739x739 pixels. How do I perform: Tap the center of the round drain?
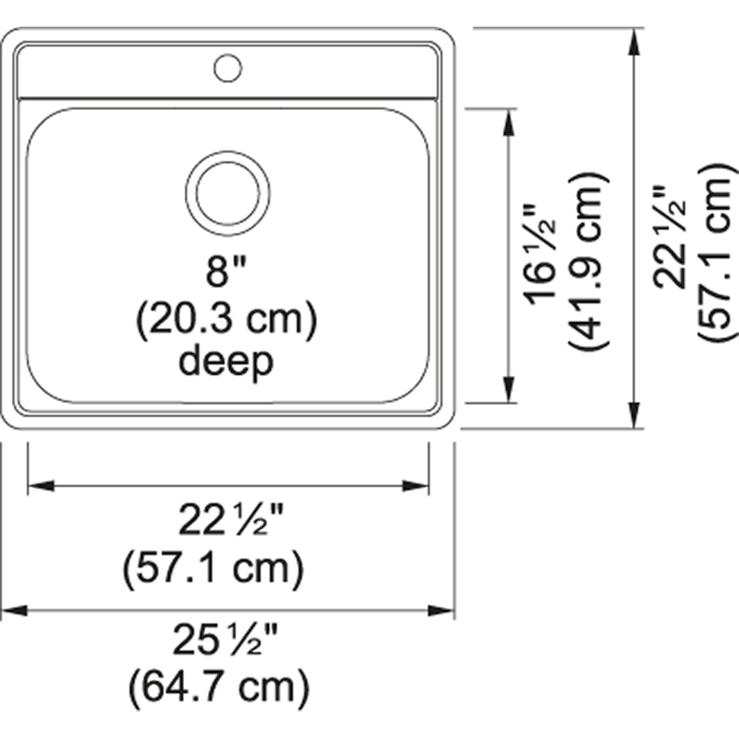[228, 193]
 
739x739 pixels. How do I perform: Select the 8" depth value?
[226, 271]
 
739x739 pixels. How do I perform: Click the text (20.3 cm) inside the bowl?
[227, 320]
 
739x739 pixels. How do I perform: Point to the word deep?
[226, 362]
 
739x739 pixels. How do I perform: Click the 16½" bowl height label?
[541, 255]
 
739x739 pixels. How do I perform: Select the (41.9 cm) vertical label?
[589, 260]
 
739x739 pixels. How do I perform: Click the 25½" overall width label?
[226, 639]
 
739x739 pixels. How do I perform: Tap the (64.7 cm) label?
[220, 687]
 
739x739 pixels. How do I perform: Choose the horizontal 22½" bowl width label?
[231, 519]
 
